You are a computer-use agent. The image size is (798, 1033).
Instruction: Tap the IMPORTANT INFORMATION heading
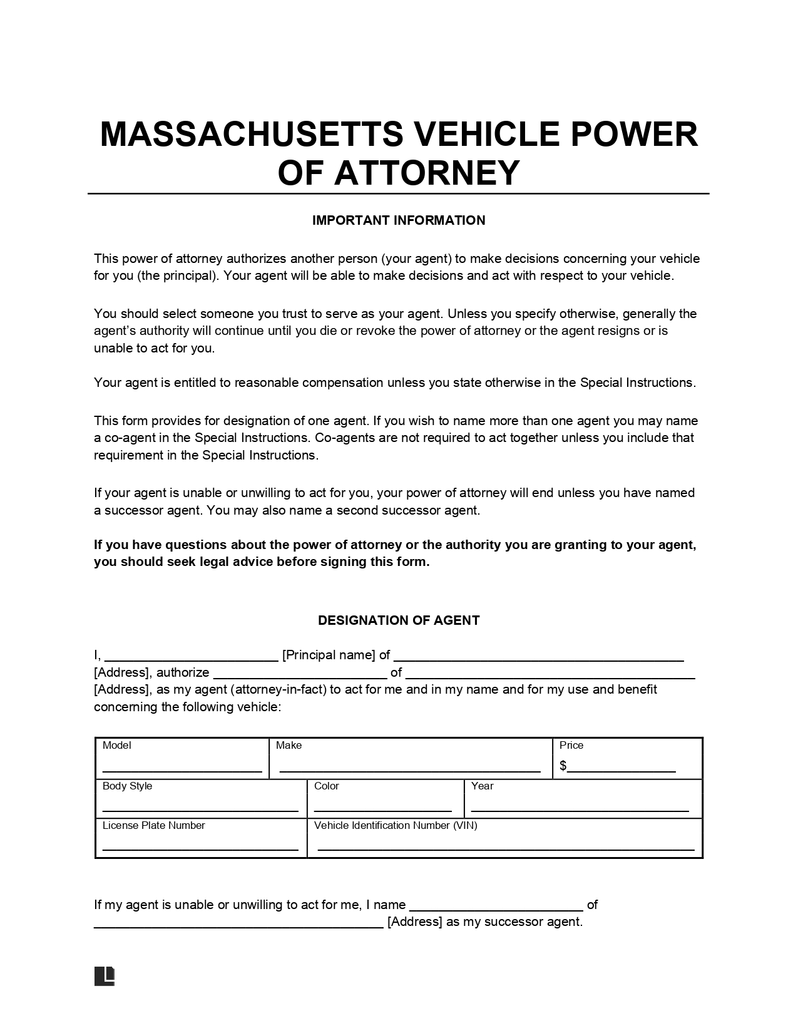point(399,220)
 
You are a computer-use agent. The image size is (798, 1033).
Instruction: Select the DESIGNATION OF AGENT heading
point(399,620)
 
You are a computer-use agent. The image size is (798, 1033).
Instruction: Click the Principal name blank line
point(192,659)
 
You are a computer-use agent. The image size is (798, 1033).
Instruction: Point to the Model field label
point(117,745)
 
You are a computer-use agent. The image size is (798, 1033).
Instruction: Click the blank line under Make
point(410,770)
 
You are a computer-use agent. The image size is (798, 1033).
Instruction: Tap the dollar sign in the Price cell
point(563,766)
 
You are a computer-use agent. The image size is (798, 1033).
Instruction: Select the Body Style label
point(127,786)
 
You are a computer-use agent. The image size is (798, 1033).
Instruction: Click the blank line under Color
point(382,809)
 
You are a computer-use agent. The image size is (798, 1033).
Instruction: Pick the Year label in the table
point(483,786)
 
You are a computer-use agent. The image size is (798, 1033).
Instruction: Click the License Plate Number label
point(154,825)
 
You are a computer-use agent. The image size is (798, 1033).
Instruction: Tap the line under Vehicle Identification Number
point(506,849)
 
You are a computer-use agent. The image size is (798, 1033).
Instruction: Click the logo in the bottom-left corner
point(105,975)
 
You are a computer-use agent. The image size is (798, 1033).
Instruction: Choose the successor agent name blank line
point(496,909)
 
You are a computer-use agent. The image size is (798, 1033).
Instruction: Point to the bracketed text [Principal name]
point(329,655)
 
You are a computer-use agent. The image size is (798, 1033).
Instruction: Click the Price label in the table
point(571,745)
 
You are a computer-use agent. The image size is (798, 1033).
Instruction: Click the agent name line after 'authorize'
point(300,677)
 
